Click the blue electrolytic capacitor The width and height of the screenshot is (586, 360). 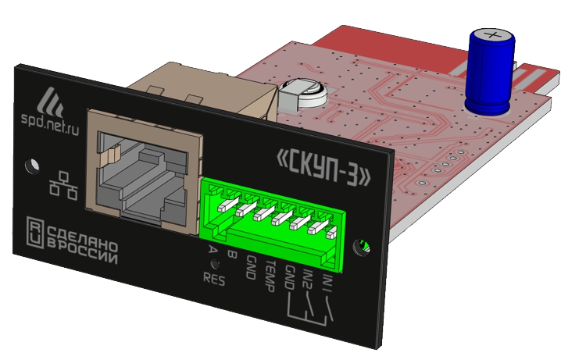tap(490, 72)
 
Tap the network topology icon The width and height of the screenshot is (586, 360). tap(63, 186)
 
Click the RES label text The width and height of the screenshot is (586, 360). tap(214, 279)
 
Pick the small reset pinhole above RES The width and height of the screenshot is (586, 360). tap(216, 265)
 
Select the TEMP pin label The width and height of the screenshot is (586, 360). tap(270, 276)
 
